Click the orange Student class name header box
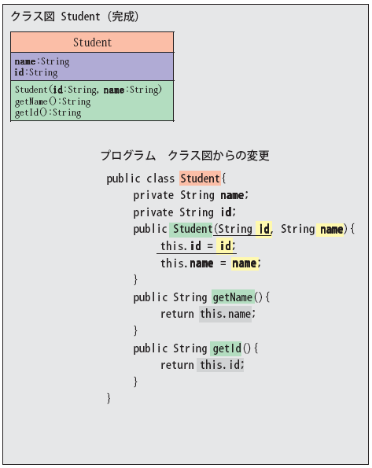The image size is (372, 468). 92,42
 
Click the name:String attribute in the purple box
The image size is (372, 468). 42,61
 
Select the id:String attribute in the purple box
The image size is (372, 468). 36,72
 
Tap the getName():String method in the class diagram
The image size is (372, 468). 53,101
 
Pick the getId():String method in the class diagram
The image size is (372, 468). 48,112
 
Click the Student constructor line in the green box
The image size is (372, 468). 88,90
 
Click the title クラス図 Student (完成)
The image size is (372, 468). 75,17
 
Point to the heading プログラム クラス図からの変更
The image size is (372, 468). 185,156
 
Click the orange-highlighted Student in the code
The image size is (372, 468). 200,179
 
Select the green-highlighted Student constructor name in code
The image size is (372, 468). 191,229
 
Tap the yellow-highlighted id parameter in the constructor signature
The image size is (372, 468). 264,229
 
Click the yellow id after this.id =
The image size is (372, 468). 225,246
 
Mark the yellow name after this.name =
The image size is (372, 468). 245,263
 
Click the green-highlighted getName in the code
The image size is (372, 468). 233,297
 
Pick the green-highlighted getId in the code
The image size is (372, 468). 226,348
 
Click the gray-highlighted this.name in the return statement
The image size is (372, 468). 226,314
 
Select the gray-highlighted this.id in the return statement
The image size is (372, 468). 220,365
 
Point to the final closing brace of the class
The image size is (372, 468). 109,399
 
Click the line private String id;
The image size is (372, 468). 185,212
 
